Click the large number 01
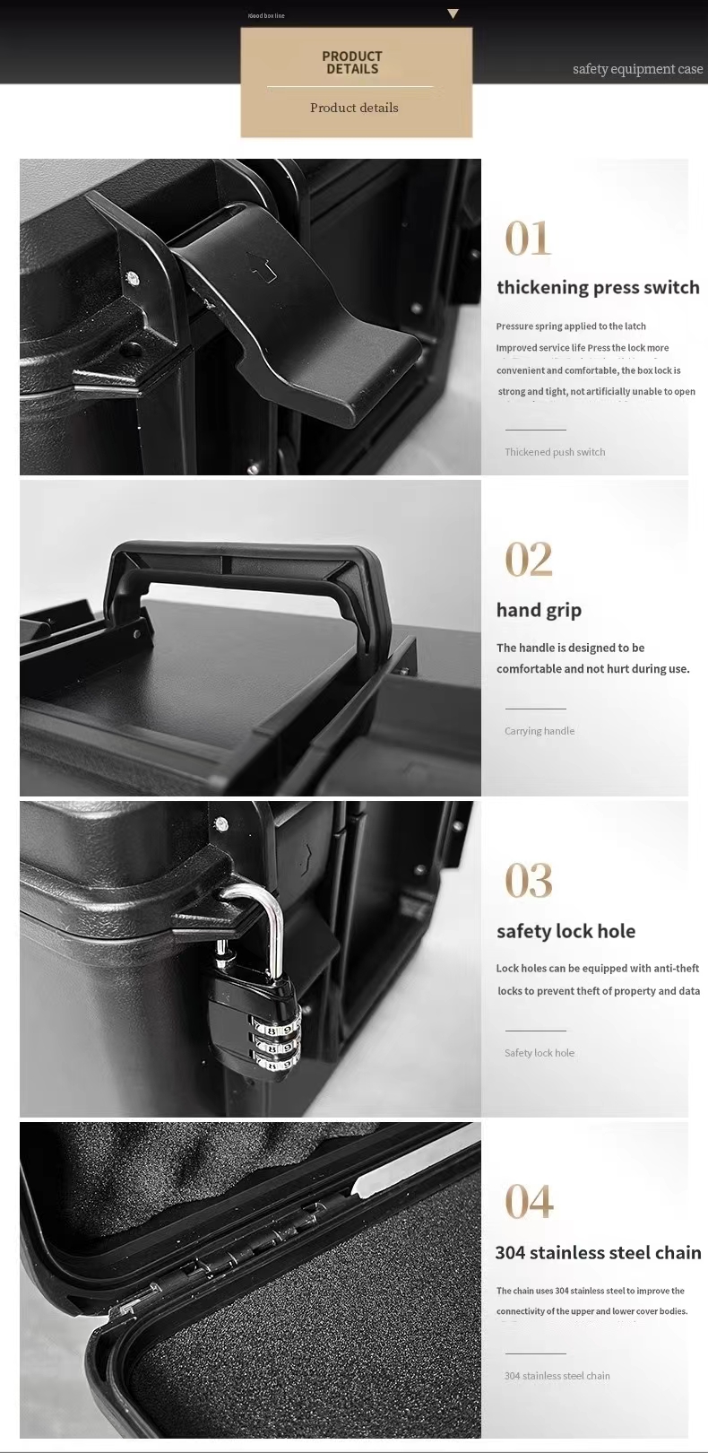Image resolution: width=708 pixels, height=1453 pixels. (x=528, y=239)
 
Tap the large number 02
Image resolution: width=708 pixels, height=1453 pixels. (x=529, y=560)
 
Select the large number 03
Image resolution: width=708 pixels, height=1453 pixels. (x=529, y=881)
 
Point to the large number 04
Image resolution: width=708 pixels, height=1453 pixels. (x=529, y=1202)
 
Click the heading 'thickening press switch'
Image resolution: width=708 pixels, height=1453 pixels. (x=598, y=288)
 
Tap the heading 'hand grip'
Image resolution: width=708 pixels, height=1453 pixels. (x=539, y=610)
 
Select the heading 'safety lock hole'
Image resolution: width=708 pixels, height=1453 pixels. (x=566, y=931)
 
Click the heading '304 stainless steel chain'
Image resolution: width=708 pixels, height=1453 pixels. (x=598, y=1253)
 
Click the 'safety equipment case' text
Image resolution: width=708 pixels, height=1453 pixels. (x=637, y=69)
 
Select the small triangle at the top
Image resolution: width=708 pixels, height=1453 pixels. (x=453, y=14)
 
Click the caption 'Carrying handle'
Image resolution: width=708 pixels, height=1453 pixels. (x=540, y=731)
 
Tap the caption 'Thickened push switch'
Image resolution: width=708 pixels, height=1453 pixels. (x=555, y=452)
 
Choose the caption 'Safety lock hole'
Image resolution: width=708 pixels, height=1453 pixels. (x=540, y=1053)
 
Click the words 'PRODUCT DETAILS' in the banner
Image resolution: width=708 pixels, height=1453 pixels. (x=352, y=63)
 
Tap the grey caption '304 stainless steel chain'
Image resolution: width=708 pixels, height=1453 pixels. (x=557, y=1376)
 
